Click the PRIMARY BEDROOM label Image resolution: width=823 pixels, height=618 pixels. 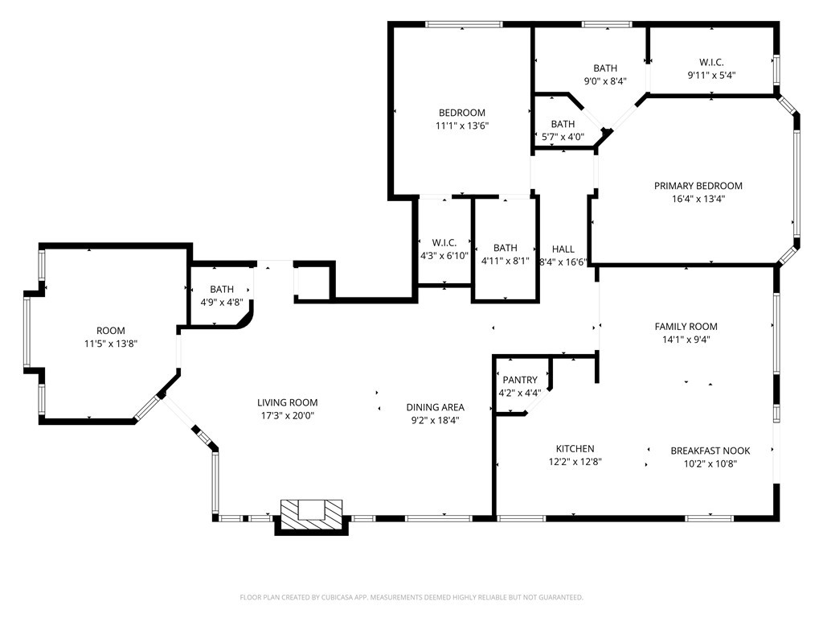(x=698, y=186)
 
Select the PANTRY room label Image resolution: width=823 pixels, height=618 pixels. (x=520, y=380)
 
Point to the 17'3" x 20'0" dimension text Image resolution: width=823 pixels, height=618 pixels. (x=288, y=416)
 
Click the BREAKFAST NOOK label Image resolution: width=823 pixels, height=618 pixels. (x=710, y=451)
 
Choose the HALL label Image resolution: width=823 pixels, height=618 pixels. (x=563, y=249)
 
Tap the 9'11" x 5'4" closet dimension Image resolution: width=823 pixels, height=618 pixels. (x=712, y=75)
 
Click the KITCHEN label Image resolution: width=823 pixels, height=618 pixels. (x=575, y=448)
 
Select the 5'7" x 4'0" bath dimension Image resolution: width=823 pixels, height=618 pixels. (x=563, y=137)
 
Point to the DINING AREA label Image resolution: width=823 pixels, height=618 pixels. (x=435, y=406)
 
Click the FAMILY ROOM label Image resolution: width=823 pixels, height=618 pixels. (x=686, y=327)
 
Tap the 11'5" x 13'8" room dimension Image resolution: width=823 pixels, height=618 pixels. (x=111, y=344)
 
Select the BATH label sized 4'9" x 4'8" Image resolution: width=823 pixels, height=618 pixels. (x=222, y=289)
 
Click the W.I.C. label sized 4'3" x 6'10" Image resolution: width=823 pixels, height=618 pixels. (x=444, y=242)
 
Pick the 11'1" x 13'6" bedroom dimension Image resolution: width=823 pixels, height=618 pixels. (x=462, y=126)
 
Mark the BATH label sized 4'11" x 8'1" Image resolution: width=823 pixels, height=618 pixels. (x=506, y=248)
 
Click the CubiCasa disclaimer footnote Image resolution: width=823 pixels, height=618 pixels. (x=411, y=597)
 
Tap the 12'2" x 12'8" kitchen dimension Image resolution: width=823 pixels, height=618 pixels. (x=575, y=462)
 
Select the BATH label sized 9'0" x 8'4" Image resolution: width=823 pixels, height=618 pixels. (x=605, y=68)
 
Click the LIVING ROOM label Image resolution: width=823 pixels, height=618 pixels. (x=288, y=402)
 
